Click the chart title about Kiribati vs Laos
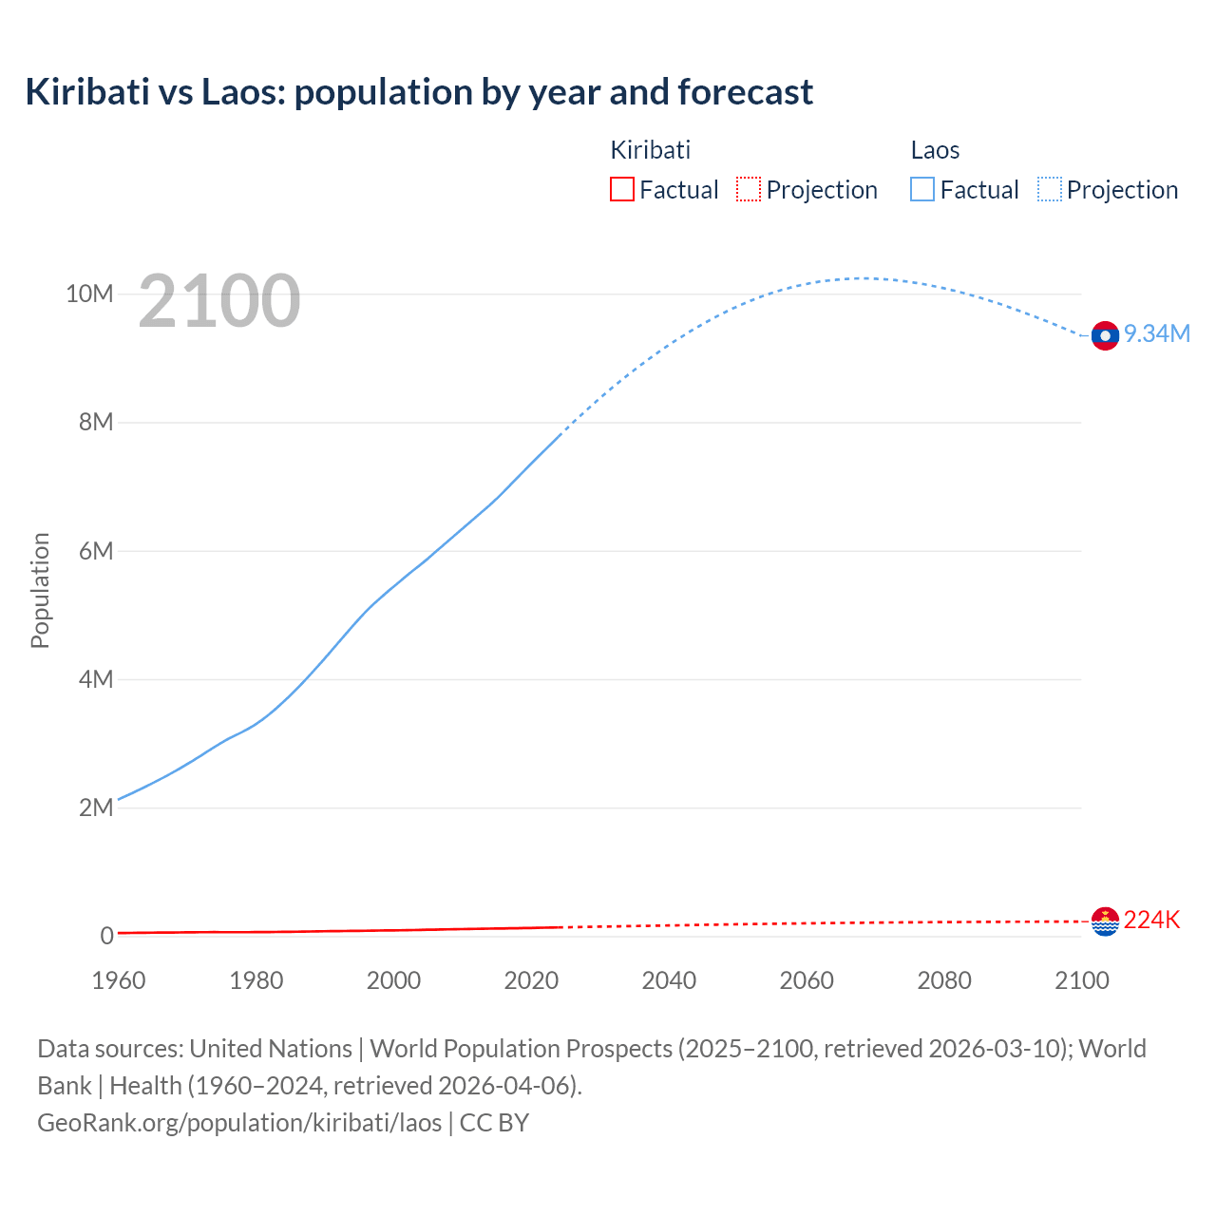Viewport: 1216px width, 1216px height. click(419, 92)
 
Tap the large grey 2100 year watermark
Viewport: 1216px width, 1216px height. click(219, 301)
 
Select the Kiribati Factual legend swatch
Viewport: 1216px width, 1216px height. click(621, 189)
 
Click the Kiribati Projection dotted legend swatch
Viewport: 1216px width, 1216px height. click(749, 189)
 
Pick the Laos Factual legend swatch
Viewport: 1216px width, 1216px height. click(921, 189)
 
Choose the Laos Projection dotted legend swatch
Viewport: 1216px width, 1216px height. click(1049, 189)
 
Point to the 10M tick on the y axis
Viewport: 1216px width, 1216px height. click(89, 294)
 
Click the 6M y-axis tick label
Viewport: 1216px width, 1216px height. click(96, 551)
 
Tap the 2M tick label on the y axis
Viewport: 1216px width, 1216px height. click(96, 807)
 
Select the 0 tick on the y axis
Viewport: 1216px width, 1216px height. click(107, 936)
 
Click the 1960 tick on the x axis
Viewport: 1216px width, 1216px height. click(119, 980)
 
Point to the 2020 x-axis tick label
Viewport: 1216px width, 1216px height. click(531, 980)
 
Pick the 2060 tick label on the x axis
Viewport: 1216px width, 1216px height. click(807, 980)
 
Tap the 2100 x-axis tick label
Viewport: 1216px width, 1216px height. click(1081, 980)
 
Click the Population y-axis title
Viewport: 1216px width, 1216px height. click(40, 590)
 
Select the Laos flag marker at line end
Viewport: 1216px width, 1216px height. click(1105, 335)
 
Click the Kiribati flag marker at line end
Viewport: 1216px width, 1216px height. click(1105, 921)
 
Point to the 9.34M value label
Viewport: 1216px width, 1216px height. click(1157, 333)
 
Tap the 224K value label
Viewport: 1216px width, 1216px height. click(1151, 920)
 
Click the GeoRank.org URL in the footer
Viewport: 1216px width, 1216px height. click(239, 1123)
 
